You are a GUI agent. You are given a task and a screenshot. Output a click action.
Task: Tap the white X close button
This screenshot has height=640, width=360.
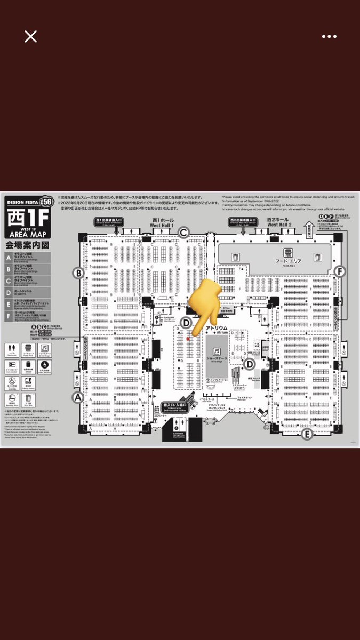pyautogui.click(x=30, y=36)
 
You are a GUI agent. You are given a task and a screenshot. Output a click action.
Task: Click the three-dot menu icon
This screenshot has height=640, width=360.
pyautogui.click(x=329, y=36)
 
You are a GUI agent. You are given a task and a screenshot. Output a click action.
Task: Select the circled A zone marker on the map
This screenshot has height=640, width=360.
pyautogui.click(x=78, y=397)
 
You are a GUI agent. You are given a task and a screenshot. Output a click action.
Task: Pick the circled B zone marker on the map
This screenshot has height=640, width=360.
pyautogui.click(x=79, y=274)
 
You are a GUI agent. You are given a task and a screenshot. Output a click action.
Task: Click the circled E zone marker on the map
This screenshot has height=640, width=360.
pyautogui.click(x=307, y=434)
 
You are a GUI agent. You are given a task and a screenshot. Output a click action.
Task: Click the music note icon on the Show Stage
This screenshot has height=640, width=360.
pyautogui.click(x=217, y=351)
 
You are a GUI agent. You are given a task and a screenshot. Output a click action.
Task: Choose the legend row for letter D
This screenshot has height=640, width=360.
pyautogui.click(x=28, y=292)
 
